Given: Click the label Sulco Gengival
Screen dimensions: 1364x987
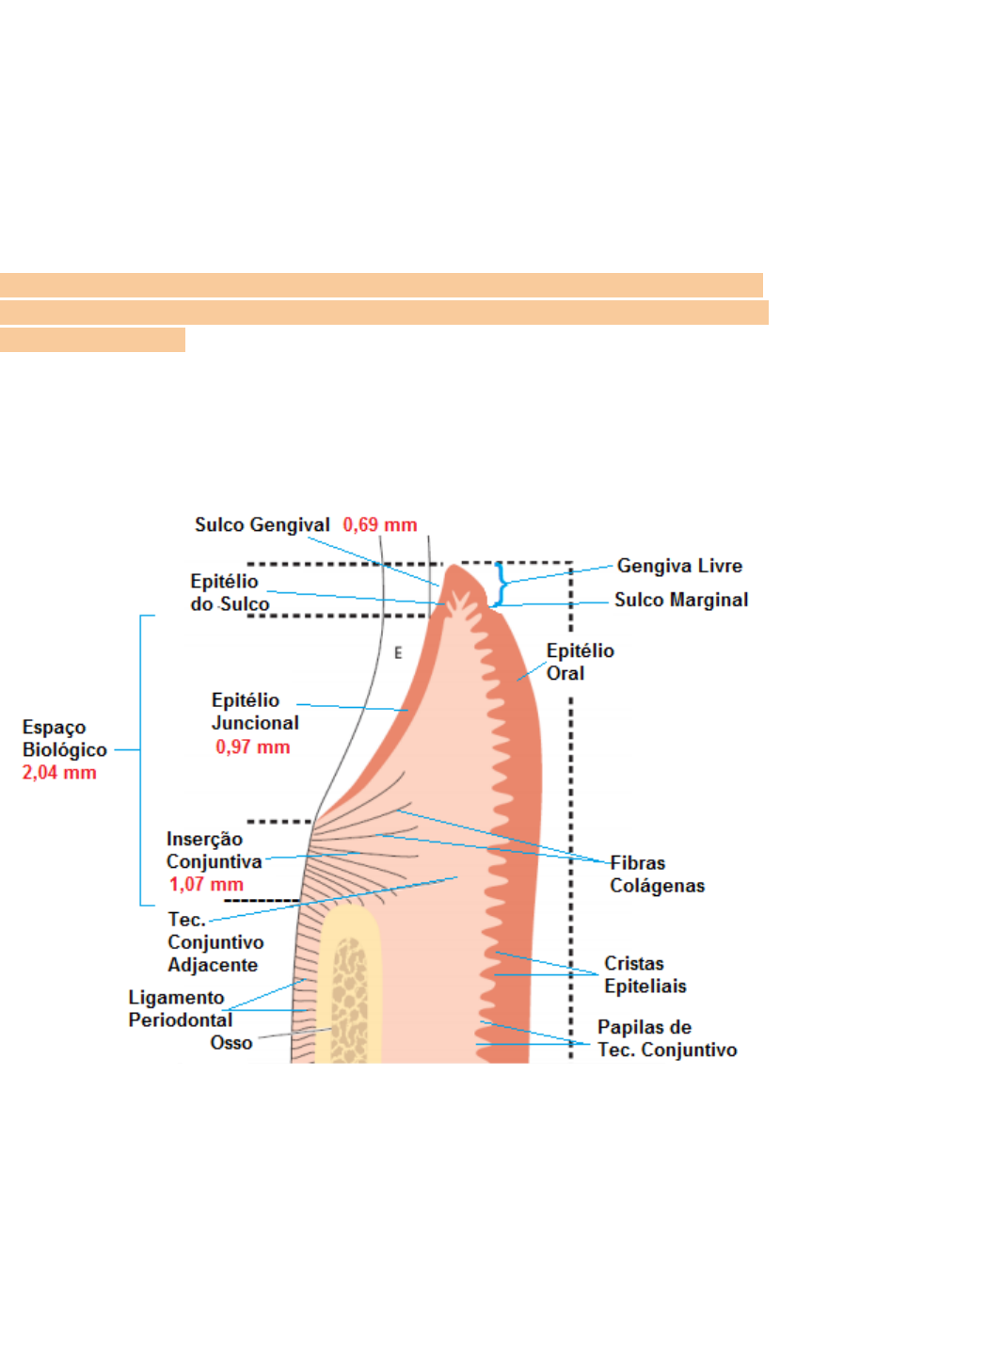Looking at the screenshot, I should pyautogui.click(x=262, y=525).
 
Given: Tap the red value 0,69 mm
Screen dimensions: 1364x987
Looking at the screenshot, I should pyautogui.click(x=379, y=525).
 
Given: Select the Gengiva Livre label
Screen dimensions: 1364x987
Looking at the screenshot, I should pyautogui.click(x=679, y=566).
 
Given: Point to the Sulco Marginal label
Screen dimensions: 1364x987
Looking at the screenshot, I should pyautogui.click(x=681, y=600).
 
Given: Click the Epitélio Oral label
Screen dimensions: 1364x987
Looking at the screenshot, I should pyautogui.click(x=580, y=662).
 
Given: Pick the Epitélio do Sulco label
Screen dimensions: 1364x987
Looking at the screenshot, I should pyautogui.click(x=229, y=593).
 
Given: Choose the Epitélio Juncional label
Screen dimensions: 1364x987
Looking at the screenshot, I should pyautogui.click(x=254, y=712).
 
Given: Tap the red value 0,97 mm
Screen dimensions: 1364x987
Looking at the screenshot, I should pyautogui.click(x=252, y=747).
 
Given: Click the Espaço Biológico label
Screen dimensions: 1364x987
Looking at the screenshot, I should pyautogui.click(x=64, y=739).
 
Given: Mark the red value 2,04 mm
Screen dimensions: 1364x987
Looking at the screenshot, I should pyautogui.click(x=59, y=773).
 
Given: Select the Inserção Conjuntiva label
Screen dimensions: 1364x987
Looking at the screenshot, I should pyautogui.click(x=214, y=850).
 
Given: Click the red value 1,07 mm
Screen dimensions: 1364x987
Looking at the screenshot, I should pyautogui.click(x=206, y=885).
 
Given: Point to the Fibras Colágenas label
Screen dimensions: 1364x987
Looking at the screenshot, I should pyautogui.click(x=657, y=875).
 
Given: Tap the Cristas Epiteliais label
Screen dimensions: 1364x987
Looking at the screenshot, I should pyautogui.click(x=645, y=975).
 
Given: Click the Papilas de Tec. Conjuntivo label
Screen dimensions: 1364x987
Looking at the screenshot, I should pyautogui.click(x=666, y=1038).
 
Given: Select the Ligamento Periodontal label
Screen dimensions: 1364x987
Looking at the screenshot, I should pyautogui.click(x=180, y=1008).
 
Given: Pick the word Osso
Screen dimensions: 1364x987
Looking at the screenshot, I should pyautogui.click(x=231, y=1043).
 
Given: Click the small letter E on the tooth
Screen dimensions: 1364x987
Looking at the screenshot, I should pyautogui.click(x=398, y=652).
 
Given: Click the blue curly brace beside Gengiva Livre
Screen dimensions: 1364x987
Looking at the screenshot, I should pyautogui.click(x=501, y=585).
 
